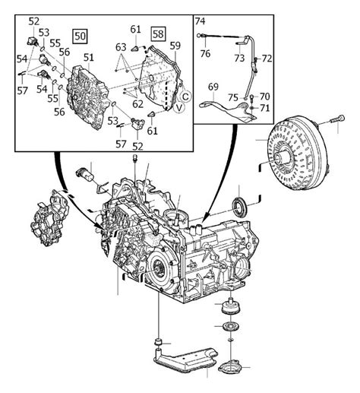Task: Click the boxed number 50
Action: tap(80, 36)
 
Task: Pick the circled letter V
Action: tap(179, 108)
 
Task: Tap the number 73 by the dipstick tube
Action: tap(238, 58)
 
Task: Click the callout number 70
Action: tap(265, 97)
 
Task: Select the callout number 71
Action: tap(265, 109)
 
